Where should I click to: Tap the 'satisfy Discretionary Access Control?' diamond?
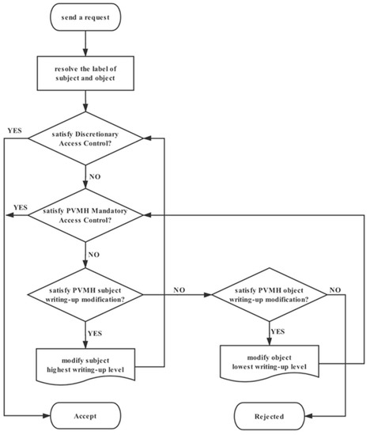[85, 140]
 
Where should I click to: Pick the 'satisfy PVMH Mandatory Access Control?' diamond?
[85, 214]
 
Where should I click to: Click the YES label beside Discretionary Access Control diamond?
[13, 128]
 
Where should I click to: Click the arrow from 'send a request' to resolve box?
[85, 44]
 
